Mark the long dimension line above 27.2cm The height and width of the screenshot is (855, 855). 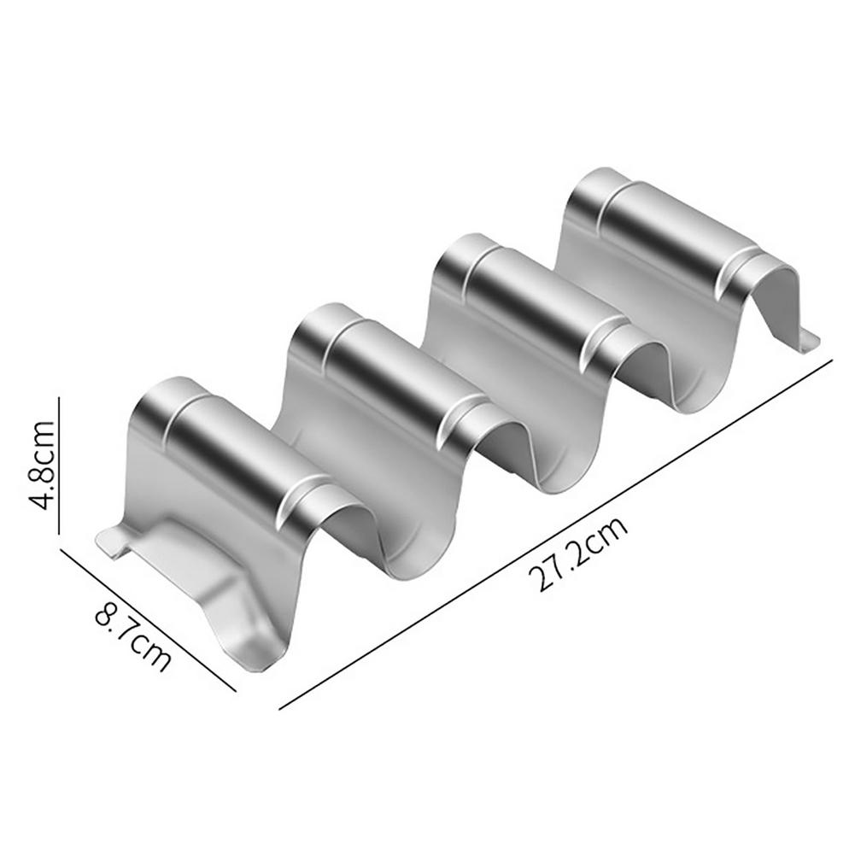(x=555, y=534)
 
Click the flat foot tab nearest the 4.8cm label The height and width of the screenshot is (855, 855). (x=111, y=543)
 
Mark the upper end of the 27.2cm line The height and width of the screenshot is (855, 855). (x=831, y=360)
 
